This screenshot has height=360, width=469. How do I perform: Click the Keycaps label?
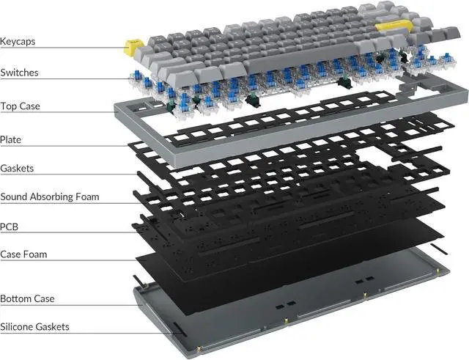point(18,42)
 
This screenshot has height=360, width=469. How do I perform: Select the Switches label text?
point(19,73)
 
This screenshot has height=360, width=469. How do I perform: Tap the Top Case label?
point(20,106)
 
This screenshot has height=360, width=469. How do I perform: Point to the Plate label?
point(10,139)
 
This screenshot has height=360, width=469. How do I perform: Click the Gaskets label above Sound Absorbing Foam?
point(17,169)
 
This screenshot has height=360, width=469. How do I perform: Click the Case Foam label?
point(23,254)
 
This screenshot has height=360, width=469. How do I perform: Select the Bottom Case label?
point(27,299)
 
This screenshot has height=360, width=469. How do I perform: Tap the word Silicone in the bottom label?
point(18,327)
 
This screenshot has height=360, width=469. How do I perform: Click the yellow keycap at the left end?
point(133,48)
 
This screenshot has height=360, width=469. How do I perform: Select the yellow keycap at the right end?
point(389,28)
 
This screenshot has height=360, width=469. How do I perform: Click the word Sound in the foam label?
point(15,197)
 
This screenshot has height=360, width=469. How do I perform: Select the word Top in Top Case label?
point(8,106)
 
